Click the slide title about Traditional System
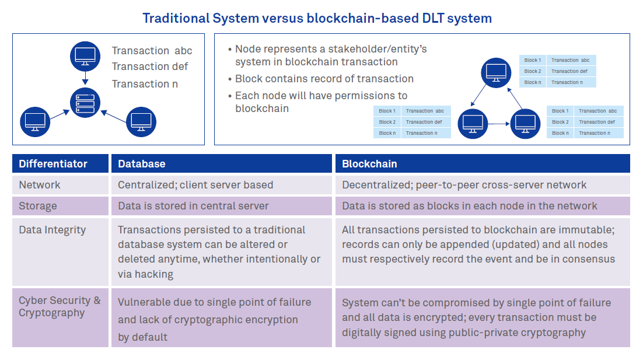tap(317, 19)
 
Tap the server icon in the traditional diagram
tap(85, 103)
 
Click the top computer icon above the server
tap(85, 56)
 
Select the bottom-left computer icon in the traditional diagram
tap(35, 122)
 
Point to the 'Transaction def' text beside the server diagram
tap(150, 67)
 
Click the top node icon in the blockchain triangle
tap(496, 73)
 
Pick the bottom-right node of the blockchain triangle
tap(525, 124)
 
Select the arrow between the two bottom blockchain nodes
tap(499, 124)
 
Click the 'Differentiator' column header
tap(53, 164)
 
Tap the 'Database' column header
tap(141, 164)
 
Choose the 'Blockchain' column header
tap(369, 164)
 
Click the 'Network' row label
tap(39, 185)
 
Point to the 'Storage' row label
tap(38, 206)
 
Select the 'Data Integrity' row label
tap(53, 230)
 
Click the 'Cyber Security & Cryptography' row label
tap(60, 306)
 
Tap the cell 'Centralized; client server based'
tap(195, 185)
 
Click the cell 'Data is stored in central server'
tap(193, 206)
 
